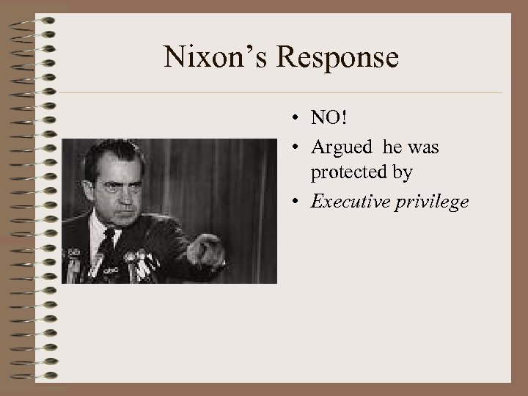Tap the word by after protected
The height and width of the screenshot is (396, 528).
tap(403, 173)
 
